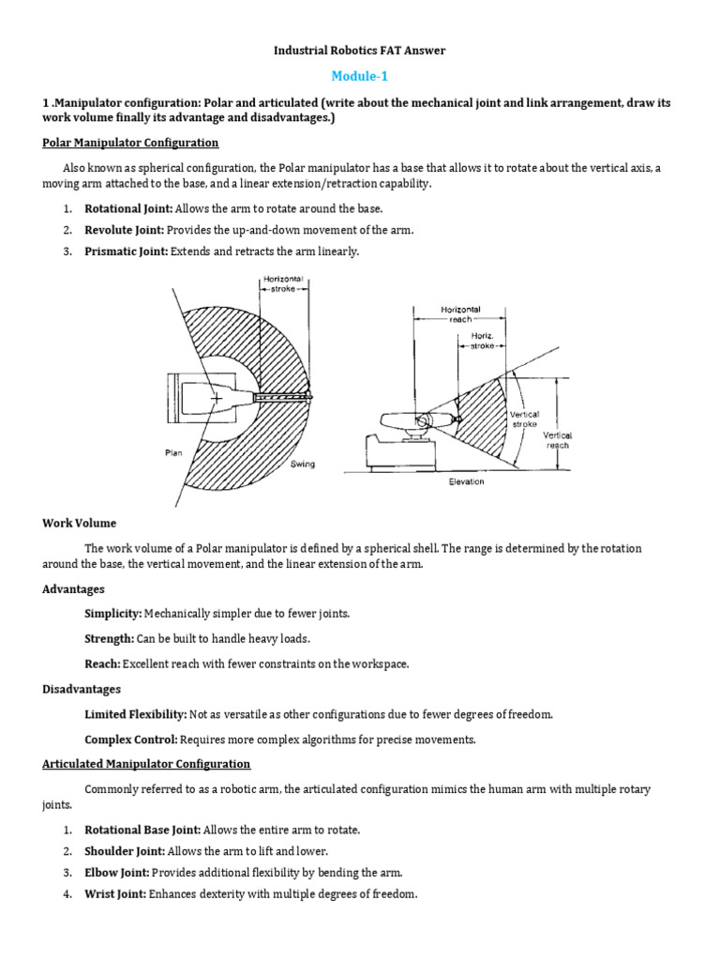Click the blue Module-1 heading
(x=359, y=75)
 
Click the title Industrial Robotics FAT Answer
(x=360, y=50)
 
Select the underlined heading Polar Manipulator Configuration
(x=130, y=143)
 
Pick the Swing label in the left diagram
(x=303, y=464)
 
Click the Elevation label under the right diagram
(x=466, y=481)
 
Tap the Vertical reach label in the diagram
(x=559, y=440)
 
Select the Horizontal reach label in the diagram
(x=460, y=314)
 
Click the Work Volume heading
(x=80, y=523)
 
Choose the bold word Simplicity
(x=112, y=613)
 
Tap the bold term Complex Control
(x=130, y=739)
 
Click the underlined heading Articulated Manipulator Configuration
(x=146, y=764)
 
